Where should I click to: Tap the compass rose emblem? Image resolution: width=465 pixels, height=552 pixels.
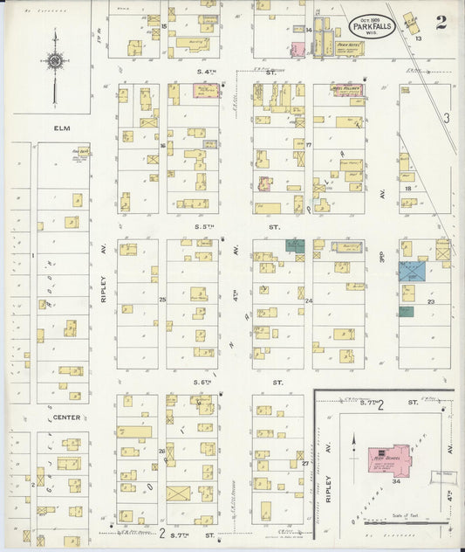[x=55, y=62]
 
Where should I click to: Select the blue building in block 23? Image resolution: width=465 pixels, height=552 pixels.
[x=412, y=271]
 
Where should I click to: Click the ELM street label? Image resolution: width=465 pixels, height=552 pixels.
[x=60, y=128]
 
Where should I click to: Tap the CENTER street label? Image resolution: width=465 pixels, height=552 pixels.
[x=66, y=417]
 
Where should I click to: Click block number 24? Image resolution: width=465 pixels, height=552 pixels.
[x=309, y=300]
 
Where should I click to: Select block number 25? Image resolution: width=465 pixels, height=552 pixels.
[x=162, y=300]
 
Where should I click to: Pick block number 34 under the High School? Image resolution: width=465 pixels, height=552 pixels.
[x=396, y=480]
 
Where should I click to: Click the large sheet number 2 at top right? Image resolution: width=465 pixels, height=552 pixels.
[x=441, y=23]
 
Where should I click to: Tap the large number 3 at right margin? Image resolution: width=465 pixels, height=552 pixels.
[x=445, y=118]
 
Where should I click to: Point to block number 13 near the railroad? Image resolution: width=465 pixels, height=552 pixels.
[x=419, y=38]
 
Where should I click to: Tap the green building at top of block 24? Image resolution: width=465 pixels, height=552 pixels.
[x=296, y=246]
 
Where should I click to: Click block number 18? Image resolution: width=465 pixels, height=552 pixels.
[x=407, y=188]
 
